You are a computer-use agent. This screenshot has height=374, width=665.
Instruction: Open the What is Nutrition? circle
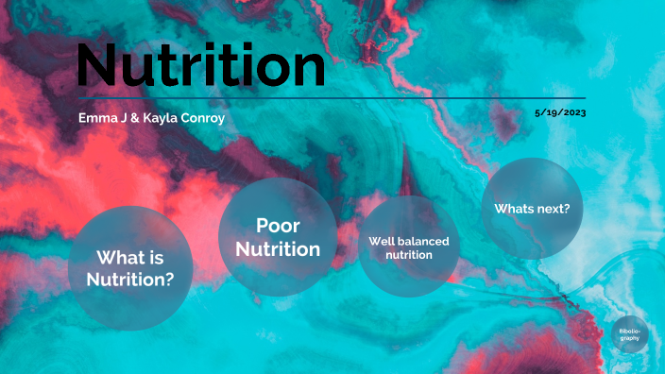[x=129, y=268]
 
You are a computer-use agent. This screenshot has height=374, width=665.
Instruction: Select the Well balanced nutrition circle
[x=408, y=247]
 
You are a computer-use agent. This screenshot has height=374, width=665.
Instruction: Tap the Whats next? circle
[x=532, y=208]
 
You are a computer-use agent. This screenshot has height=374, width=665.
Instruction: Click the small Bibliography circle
[x=629, y=334]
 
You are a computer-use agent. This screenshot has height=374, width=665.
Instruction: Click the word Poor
[x=278, y=227]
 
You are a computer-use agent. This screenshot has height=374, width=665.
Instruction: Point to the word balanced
[x=422, y=241]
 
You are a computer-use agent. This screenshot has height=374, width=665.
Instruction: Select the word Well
[x=381, y=241]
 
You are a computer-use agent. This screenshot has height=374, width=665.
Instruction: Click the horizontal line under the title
[x=331, y=97]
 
